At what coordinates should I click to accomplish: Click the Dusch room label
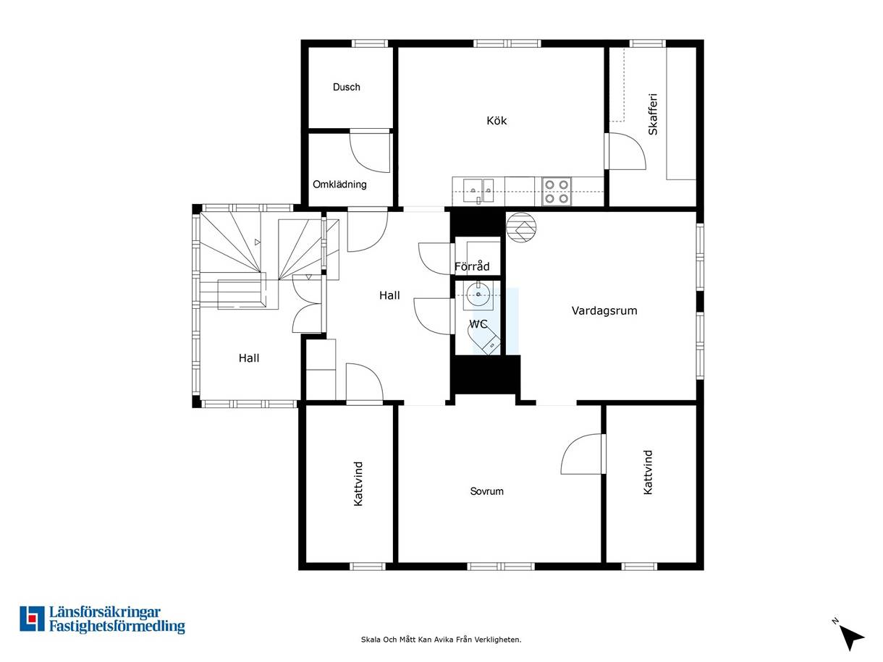point(346,87)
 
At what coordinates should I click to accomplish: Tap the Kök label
point(497,120)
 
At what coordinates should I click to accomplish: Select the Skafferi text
point(653,114)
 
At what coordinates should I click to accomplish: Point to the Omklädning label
point(339,184)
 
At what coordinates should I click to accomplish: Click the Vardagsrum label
point(604,310)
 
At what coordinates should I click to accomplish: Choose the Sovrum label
point(487,491)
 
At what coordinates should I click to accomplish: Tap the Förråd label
point(472,266)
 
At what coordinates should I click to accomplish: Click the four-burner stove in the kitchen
point(557,191)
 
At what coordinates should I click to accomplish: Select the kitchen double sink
point(478,190)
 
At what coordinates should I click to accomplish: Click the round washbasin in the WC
point(478,294)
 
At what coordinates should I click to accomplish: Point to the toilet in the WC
point(484,339)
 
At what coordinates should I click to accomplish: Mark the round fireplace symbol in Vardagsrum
point(521,227)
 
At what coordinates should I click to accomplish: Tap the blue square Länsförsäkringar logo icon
point(32,619)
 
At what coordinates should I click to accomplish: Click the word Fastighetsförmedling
point(117,627)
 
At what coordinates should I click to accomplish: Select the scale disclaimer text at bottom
point(441,640)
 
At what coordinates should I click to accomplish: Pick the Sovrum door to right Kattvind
point(583,454)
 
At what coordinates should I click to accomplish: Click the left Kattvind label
point(358,483)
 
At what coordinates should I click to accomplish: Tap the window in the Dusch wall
point(370,43)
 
